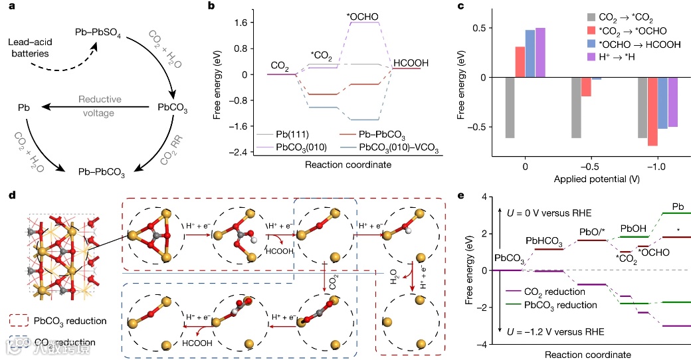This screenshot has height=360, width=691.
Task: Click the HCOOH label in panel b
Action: coord(411,63)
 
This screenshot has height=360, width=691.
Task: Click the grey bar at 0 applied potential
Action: coord(510,108)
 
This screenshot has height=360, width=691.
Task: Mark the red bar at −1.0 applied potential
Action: coord(652,111)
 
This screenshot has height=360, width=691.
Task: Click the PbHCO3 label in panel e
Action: coord(545,240)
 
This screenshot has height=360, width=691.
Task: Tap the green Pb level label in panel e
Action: coord(677,207)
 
